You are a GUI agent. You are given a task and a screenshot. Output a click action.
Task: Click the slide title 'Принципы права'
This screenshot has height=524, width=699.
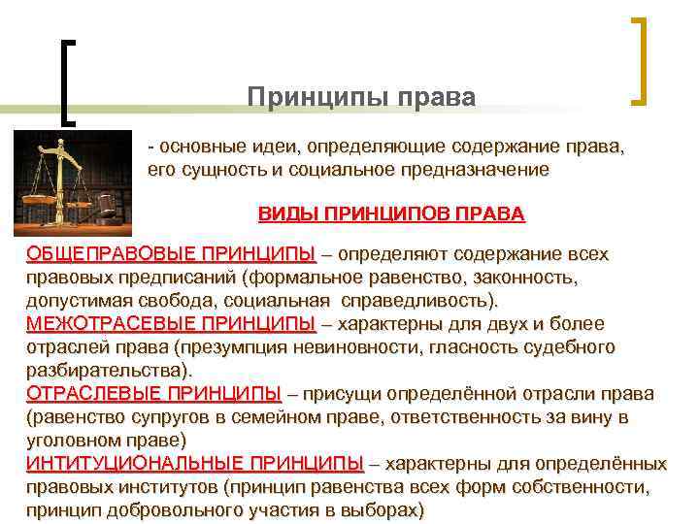pos(361,98)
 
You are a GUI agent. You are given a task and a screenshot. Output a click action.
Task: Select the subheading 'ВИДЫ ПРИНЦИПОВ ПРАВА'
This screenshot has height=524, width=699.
pos(390,213)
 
